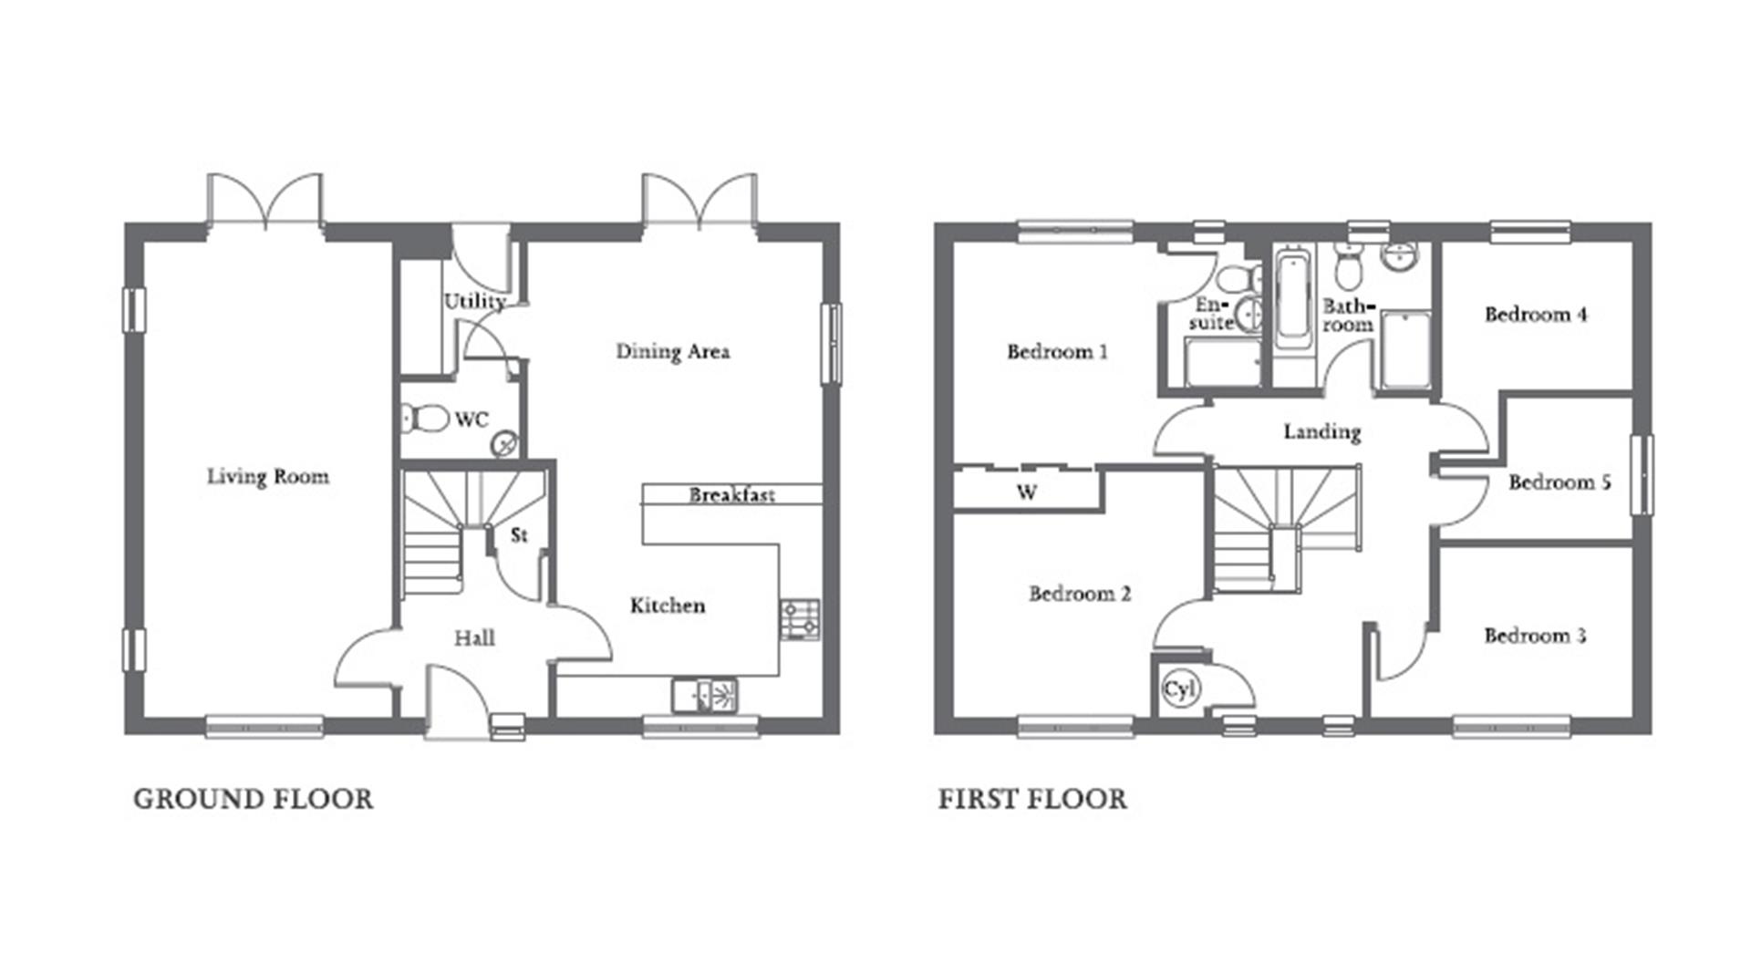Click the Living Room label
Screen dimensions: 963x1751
267,476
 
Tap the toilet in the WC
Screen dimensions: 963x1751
425,419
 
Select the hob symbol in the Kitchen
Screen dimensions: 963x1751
800,619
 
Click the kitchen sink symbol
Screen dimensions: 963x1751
705,695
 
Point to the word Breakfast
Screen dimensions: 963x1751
731,495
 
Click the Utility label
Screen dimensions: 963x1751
474,301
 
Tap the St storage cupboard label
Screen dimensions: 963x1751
519,535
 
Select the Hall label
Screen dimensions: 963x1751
474,638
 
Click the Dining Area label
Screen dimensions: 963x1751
672,351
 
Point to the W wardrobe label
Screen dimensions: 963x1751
1026,492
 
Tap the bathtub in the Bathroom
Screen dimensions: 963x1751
1292,302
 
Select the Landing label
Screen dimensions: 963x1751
1321,431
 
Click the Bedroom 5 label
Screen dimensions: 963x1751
1559,481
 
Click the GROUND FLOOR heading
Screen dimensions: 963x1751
253,800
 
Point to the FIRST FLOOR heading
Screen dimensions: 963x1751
1032,800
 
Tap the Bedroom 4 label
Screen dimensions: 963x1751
1535,315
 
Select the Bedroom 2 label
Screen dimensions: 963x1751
1079,594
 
